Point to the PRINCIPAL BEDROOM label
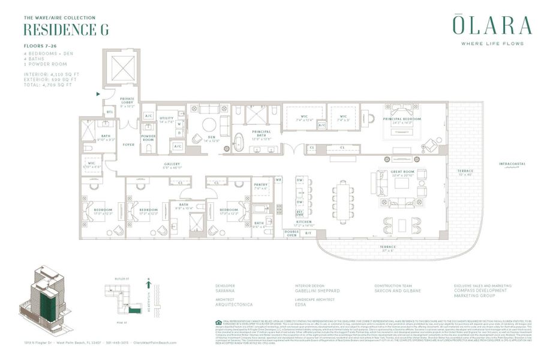402,119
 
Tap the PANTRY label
261,187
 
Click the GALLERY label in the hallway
172,166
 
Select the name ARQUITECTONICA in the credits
233,305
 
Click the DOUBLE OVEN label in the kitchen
291,233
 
